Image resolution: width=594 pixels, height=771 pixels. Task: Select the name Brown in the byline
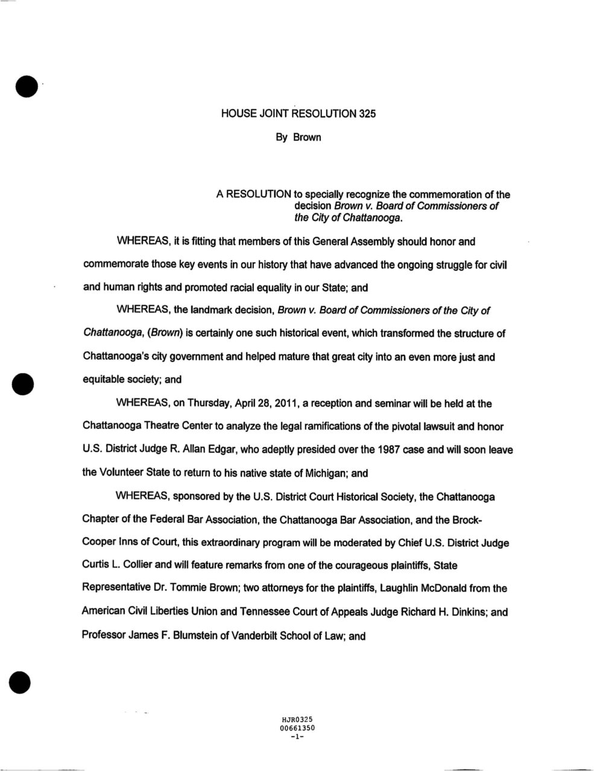click(307, 138)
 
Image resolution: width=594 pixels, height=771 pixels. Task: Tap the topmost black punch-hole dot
click(26, 86)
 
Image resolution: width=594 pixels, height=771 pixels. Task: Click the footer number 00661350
click(297, 728)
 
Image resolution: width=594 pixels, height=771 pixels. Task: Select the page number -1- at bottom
click(297, 736)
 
